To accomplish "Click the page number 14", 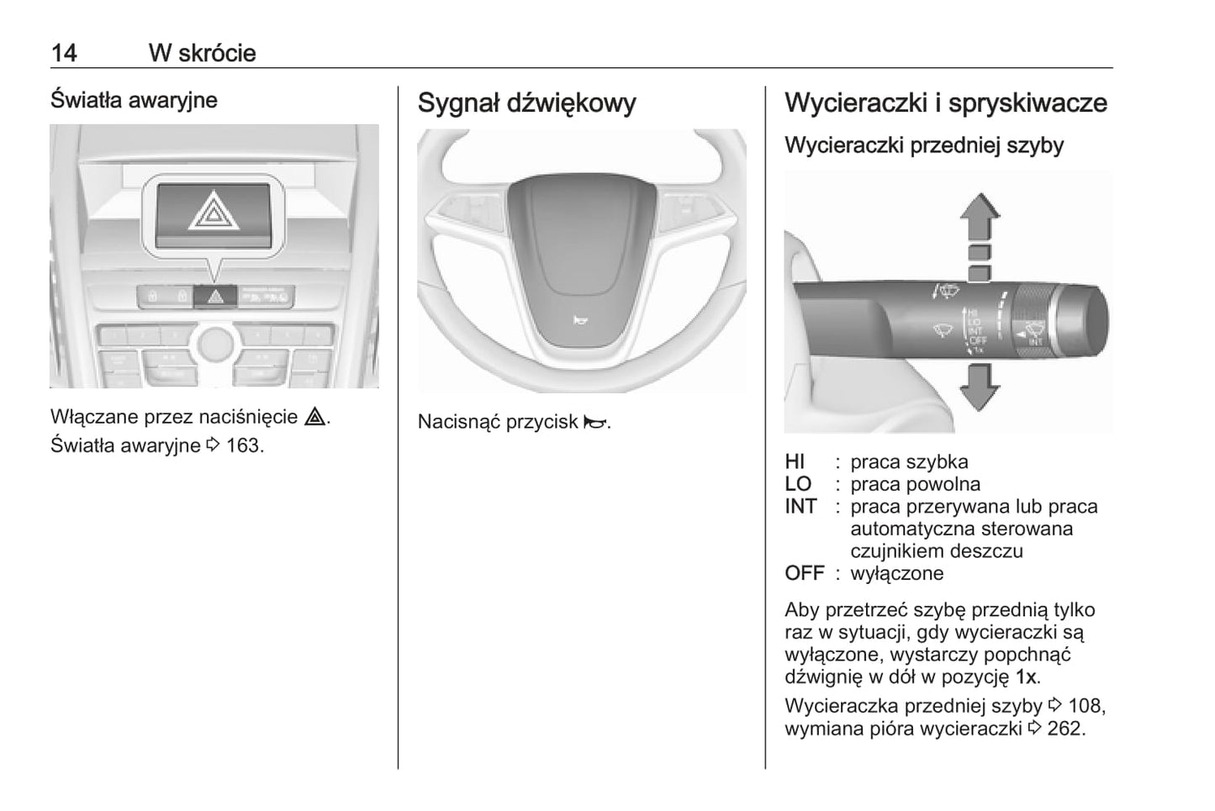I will [x=63, y=53].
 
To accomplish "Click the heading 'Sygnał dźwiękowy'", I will [x=526, y=103].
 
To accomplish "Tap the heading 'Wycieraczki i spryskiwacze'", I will [x=945, y=103].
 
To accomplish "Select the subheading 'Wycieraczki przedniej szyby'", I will [x=923, y=145].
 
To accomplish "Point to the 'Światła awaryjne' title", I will [x=134, y=100].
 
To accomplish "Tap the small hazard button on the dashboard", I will [x=215, y=297].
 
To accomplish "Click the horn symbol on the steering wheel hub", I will [x=579, y=320].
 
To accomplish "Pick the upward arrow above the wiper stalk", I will [x=980, y=217].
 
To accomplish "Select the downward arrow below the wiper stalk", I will [x=980, y=387].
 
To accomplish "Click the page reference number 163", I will [x=243, y=445].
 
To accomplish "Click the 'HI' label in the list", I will [x=795, y=462].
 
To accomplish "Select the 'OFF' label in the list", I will [x=804, y=574].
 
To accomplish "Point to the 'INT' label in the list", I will [x=800, y=507].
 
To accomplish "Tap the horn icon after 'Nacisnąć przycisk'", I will [x=594, y=423].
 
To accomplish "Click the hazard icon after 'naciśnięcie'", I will [x=315, y=418].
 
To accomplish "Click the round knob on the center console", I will [x=215, y=342].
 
